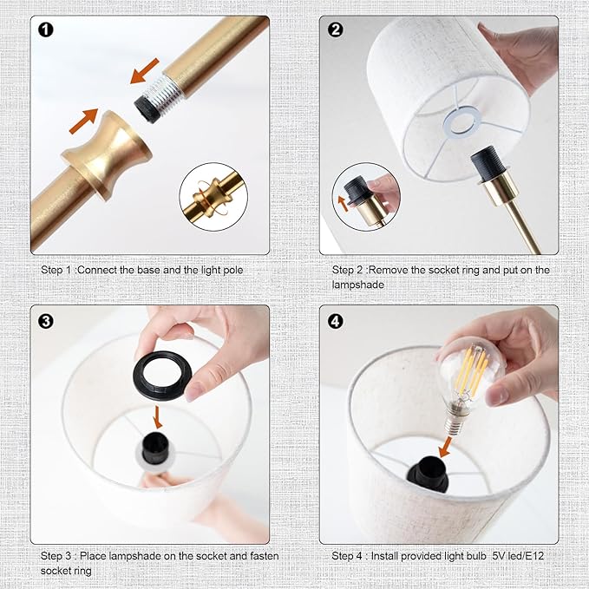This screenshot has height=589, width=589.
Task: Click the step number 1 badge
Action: click(46, 29)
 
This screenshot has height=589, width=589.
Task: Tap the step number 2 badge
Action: click(336, 29)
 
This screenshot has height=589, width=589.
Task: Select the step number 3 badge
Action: click(46, 321)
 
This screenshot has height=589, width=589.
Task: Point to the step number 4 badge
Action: click(336, 321)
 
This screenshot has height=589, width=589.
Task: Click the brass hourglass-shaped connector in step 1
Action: click(107, 154)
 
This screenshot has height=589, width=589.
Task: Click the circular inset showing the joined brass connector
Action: click(213, 197)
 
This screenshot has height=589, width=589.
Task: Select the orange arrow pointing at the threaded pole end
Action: click(145, 71)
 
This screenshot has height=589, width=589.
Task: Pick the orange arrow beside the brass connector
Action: click(84, 121)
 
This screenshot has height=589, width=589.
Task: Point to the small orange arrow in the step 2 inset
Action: click(343, 204)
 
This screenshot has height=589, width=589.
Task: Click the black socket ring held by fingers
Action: click(162, 375)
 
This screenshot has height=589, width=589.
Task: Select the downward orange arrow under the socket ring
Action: click(158, 417)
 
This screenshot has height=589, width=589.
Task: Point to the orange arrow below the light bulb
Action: click(446, 447)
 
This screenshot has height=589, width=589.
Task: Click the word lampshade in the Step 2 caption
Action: click(358, 285)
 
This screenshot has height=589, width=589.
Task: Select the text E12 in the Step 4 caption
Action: click(534, 555)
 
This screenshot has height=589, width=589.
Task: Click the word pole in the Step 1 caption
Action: click(232, 270)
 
